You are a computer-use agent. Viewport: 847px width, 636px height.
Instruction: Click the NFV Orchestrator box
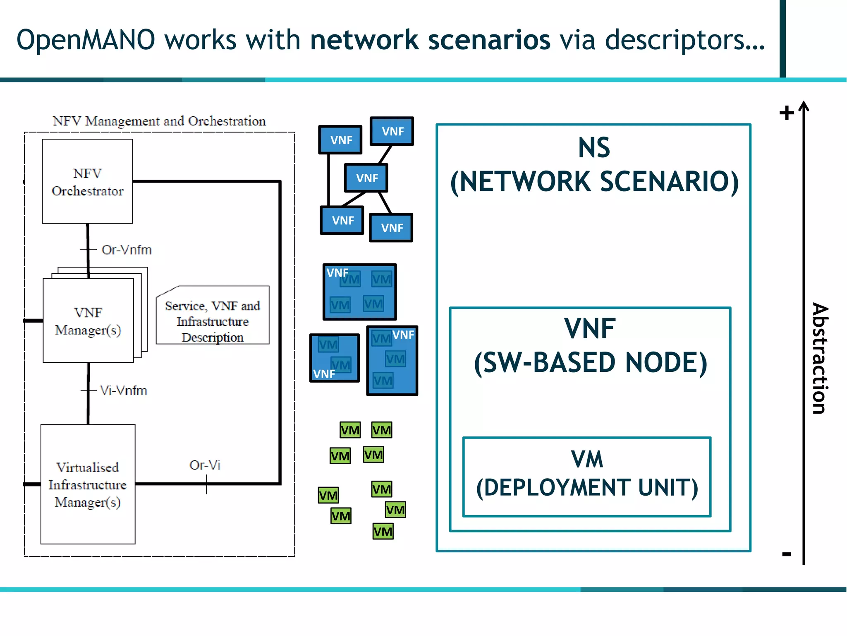[87, 181]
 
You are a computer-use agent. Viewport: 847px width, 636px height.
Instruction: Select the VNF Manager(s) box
[88, 321]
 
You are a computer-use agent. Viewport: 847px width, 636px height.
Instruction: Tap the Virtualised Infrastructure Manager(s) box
[88, 484]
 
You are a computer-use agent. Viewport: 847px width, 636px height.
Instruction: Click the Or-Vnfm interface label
[127, 250]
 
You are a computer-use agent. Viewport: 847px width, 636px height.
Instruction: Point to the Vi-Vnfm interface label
[123, 390]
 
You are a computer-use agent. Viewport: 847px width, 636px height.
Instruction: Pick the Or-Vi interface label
[205, 465]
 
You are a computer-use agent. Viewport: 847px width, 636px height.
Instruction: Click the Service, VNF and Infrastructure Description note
[213, 321]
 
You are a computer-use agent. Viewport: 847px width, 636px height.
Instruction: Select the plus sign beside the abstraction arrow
[787, 113]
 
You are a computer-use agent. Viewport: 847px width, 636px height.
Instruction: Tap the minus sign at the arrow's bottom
[787, 554]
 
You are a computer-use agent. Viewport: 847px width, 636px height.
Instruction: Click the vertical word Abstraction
[820, 358]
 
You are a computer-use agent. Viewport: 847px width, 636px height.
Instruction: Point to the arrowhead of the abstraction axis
[804, 106]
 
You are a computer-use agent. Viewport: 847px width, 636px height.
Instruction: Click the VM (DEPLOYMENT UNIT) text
[587, 474]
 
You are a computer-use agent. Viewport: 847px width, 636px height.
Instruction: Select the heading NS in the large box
[594, 147]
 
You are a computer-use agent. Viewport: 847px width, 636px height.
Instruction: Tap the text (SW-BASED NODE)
[591, 363]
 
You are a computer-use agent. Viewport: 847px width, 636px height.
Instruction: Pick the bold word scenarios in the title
[489, 40]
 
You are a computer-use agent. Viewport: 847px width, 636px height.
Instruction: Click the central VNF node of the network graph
[366, 178]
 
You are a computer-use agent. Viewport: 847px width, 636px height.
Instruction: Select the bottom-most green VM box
[383, 531]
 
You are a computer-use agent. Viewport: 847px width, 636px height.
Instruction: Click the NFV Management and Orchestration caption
[159, 121]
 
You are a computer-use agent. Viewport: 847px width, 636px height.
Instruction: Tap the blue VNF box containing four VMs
[359, 292]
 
